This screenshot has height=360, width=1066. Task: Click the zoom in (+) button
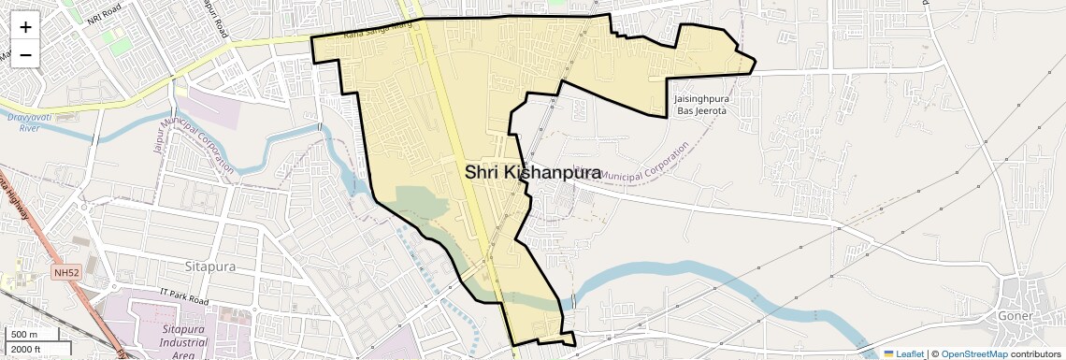pyautogui.click(x=25, y=26)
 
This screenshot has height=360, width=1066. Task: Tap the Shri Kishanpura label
pyautogui.click(x=532, y=172)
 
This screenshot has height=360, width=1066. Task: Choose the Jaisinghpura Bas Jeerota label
pyautogui.click(x=699, y=104)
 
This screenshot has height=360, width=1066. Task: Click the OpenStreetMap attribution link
pyautogui.click(x=973, y=354)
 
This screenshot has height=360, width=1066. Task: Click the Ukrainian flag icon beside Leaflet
pyautogui.click(x=888, y=354)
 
